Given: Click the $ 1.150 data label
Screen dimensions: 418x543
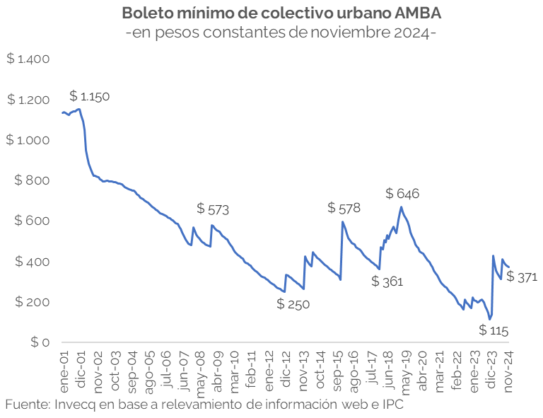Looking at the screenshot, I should tap(90, 96).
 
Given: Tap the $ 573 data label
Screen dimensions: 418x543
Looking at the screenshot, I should tap(213, 209).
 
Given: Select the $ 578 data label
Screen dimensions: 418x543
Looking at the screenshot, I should tap(344, 208).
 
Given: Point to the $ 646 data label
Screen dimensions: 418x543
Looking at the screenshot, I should tap(402, 193).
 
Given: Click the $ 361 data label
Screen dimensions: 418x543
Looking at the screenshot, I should tap(387, 281).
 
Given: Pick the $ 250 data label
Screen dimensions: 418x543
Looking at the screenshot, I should tap(293, 304).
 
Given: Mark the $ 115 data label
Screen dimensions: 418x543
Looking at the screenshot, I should tap(494, 330).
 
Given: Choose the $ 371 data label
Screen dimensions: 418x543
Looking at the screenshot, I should tap(522, 277).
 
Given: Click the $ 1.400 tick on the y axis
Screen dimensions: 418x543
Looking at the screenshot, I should tap(28, 59).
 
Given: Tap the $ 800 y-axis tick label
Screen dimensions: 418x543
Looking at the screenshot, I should tap(32, 181).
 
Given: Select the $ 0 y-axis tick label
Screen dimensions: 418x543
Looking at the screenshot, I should tap(39, 343).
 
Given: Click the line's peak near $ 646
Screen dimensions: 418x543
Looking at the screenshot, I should tap(402, 207).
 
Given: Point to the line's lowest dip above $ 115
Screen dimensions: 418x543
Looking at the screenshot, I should tap(490, 319).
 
